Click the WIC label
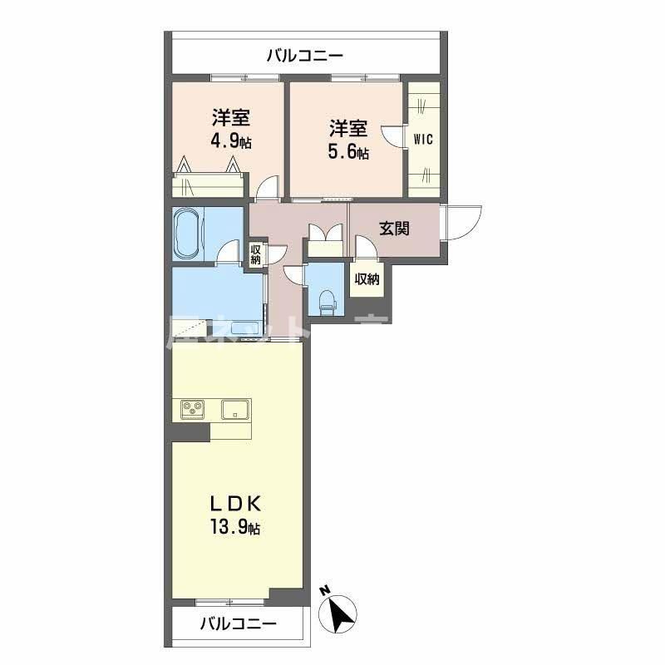tap(423, 140)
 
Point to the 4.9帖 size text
tap(230, 140)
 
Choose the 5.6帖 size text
tap(348, 152)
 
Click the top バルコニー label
tap(304, 57)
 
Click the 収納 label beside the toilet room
tap(367, 279)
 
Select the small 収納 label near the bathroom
tap(255, 254)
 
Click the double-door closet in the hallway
tap(326, 239)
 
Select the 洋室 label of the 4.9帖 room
tap(230, 117)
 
